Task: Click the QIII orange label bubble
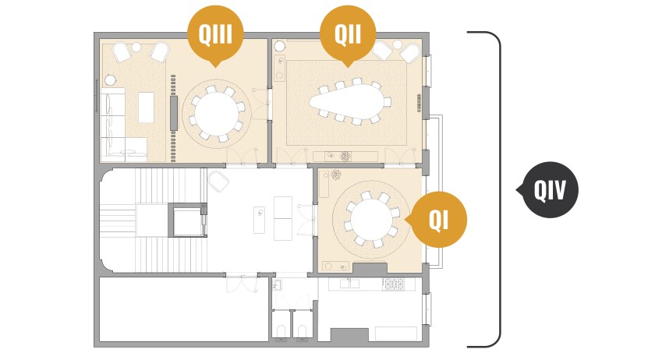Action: [215, 34]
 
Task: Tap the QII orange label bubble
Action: [348, 34]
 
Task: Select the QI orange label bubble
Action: [438, 220]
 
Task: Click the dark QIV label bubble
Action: [550, 190]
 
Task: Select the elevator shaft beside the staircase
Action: [188, 220]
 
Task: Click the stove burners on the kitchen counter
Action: [393, 284]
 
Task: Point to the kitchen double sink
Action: [349, 284]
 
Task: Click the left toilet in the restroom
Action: [281, 330]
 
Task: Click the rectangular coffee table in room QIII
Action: [146, 108]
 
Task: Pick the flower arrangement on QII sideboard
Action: [345, 157]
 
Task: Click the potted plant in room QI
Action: [335, 175]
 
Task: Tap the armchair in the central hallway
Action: [219, 181]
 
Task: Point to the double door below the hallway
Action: [242, 284]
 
